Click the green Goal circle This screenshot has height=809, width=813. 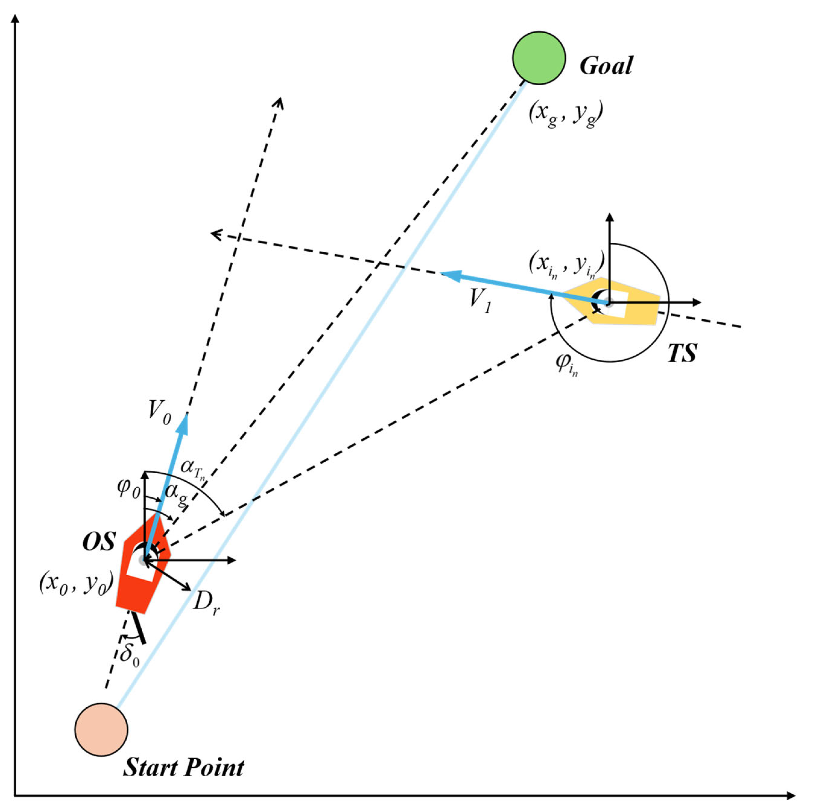point(538,58)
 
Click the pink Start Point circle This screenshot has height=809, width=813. point(101,729)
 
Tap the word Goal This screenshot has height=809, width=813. point(606,66)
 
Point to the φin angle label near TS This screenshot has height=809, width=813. point(566,363)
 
